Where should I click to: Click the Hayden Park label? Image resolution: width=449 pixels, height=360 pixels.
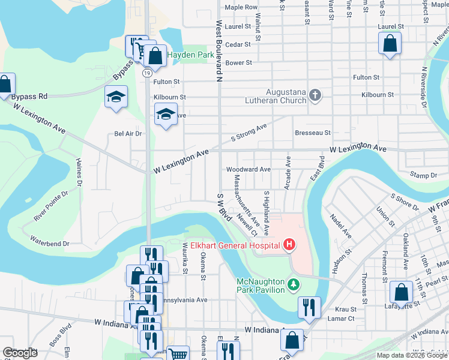pyautogui.click(x=191, y=55)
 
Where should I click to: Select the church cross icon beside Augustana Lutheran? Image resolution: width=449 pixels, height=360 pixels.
pyautogui.click(x=316, y=95)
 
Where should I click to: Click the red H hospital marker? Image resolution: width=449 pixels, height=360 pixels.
pyautogui.click(x=289, y=245)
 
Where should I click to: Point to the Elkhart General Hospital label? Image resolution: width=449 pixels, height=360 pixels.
pyautogui.click(x=235, y=245)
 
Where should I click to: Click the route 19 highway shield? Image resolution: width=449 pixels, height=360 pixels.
pyautogui.click(x=146, y=72)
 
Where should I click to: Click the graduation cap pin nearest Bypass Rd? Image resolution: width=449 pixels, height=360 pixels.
pyautogui.click(x=116, y=96)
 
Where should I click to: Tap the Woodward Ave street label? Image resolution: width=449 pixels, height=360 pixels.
pyautogui.click(x=248, y=170)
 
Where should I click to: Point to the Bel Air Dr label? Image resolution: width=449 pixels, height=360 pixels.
pyautogui.click(x=127, y=134)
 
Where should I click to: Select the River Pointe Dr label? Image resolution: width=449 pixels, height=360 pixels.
pyautogui.click(x=56, y=207)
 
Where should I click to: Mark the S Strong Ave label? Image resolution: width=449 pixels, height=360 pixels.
pyautogui.click(x=249, y=133)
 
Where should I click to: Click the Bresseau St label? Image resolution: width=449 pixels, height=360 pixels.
pyautogui.click(x=313, y=133)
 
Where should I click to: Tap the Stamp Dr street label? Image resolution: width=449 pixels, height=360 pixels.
pyautogui.click(x=424, y=175)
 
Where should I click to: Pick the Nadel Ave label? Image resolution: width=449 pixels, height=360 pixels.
pyautogui.click(x=340, y=225)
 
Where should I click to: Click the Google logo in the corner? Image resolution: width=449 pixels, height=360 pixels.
pyautogui.click(x=19, y=352)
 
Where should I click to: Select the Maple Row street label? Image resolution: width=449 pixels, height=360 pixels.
pyautogui.click(x=241, y=7)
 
